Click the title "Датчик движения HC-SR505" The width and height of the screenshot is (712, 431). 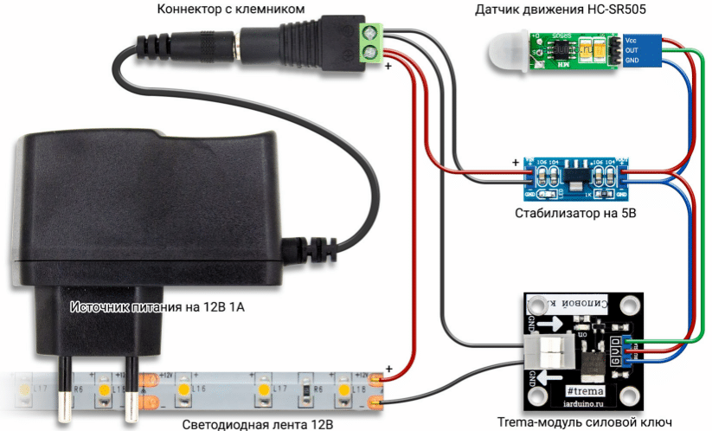[x=561, y=10]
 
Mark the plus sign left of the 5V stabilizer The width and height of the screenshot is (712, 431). [x=516, y=161]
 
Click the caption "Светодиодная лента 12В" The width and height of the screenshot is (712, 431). [x=258, y=424]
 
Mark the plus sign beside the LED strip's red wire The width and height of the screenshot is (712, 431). [x=388, y=370]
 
